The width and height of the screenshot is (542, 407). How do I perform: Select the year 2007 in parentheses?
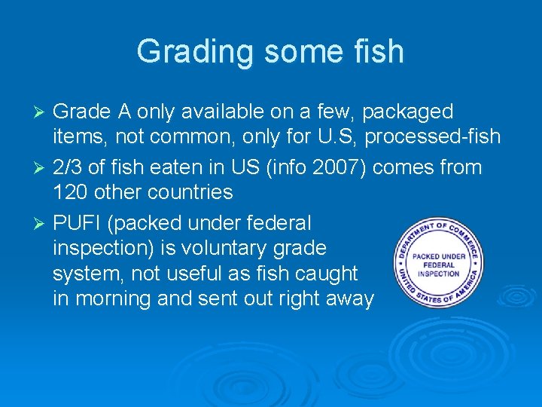coord(338,166)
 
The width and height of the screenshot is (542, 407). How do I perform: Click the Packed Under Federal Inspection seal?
coord(437,262)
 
